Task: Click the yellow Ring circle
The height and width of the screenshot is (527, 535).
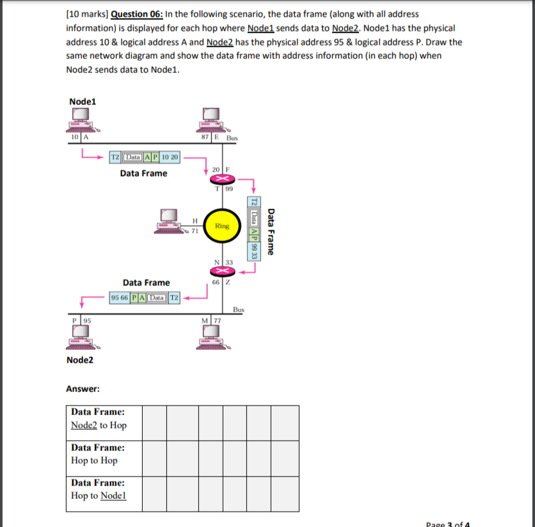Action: (x=221, y=225)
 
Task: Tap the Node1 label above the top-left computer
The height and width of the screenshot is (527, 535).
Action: (x=83, y=101)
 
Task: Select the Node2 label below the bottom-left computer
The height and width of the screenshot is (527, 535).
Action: (x=79, y=360)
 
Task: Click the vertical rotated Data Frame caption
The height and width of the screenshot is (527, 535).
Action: (x=271, y=232)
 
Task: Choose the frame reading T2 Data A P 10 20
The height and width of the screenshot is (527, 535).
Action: (x=146, y=157)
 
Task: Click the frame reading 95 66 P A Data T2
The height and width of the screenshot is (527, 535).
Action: (x=145, y=297)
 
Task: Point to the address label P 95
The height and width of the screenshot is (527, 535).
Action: (x=82, y=320)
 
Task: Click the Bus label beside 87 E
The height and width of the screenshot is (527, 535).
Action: (x=232, y=138)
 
